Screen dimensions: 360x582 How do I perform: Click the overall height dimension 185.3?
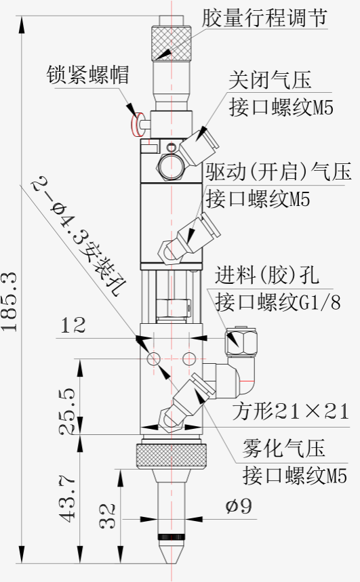pos(9,302)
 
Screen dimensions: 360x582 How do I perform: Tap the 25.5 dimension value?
pos(68,411)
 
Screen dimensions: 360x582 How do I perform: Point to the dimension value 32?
pos(108,516)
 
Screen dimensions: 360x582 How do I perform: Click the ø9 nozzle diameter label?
pos(239,506)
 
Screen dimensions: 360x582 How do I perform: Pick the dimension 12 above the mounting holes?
pos(73,325)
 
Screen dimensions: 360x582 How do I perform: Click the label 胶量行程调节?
pos(264,17)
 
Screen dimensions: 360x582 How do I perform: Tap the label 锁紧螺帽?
pos(87,75)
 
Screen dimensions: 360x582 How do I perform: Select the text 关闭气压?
pos(270,80)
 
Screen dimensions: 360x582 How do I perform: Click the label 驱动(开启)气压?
pos(279,172)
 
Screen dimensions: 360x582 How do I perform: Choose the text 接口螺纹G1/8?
pos(277,302)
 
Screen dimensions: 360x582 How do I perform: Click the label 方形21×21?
pos(291,411)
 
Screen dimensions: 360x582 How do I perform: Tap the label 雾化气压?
pos(283,448)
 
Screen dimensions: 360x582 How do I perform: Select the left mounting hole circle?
pos(154,359)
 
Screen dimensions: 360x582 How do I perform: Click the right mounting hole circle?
pos(189,359)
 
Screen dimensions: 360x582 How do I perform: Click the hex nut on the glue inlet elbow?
pos(241,340)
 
